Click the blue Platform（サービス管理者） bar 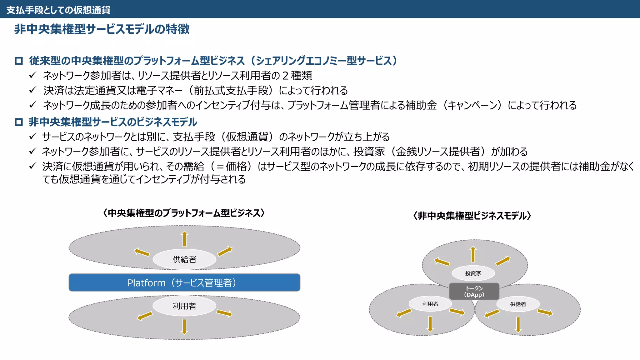coord(184,282)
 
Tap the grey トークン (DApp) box coord(474,291)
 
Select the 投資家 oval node coord(473,273)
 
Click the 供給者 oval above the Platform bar coord(184,259)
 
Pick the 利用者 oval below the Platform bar coord(184,306)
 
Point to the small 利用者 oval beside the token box coord(430,304)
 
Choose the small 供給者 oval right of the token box coord(518,304)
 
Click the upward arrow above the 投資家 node coord(473,254)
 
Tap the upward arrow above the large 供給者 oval coord(185,239)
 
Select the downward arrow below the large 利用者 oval coord(184,327)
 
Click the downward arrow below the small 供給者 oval coord(518,324)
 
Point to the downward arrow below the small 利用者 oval coord(430,324)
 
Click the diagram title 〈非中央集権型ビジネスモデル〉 coord(472,216)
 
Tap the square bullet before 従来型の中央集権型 coord(19,61)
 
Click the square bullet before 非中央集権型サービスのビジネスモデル coord(19,122)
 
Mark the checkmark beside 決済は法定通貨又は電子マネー coord(33,90)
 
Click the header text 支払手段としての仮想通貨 coord(58,10)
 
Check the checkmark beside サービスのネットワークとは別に coord(33,136)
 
